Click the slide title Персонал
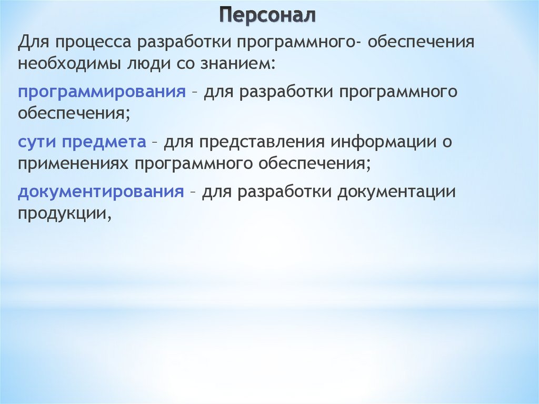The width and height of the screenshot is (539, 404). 267,15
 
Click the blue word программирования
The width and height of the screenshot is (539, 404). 102,92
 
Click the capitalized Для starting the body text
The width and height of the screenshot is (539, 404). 33,43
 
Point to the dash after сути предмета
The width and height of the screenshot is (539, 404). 155,142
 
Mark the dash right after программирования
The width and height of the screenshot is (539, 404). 195,93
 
